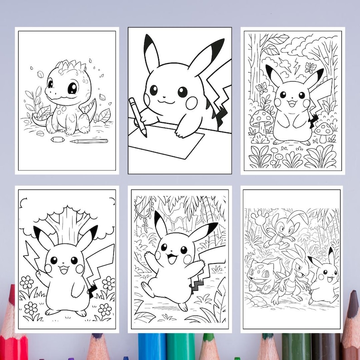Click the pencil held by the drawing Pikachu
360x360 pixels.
click(139, 117)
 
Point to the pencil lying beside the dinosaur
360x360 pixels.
click(89, 141)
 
